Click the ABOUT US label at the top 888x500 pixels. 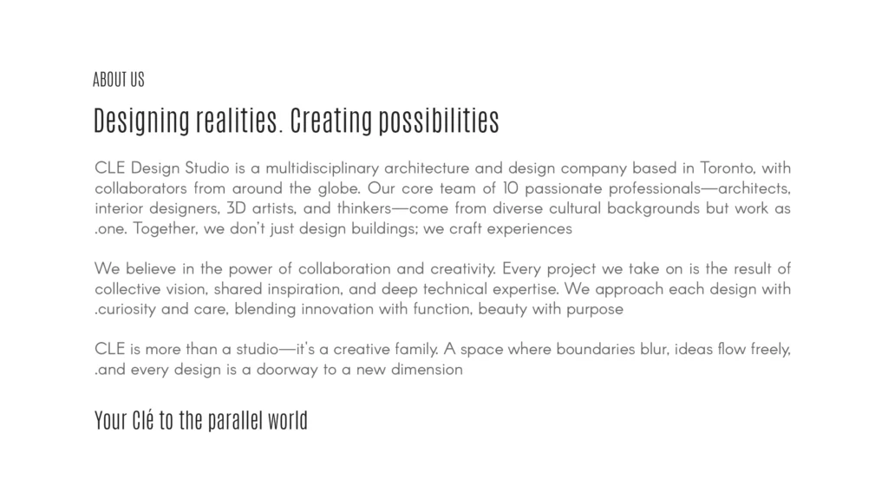[119, 79]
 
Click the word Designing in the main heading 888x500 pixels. [141, 120]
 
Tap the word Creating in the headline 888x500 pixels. [331, 120]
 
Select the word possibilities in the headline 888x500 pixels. [439, 120]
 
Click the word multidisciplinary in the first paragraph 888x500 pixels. [323, 168]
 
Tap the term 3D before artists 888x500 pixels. [236, 208]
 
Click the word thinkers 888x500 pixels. [364, 208]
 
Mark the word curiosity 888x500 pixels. [127, 309]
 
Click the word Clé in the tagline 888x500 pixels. [143, 420]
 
